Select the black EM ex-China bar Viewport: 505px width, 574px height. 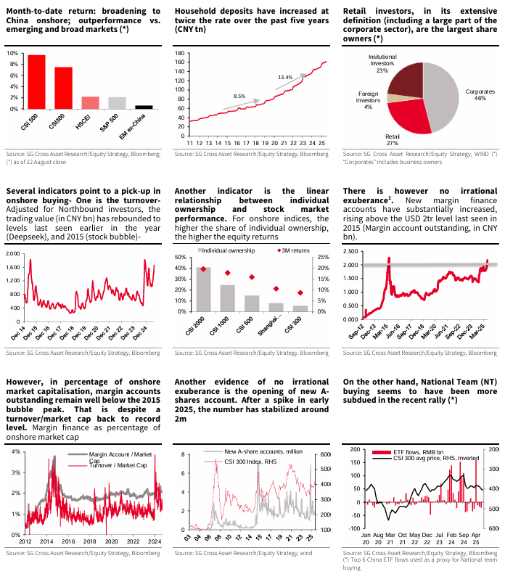(144, 107)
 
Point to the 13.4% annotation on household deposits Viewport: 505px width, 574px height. (285, 77)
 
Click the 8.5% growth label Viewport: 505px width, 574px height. (239, 97)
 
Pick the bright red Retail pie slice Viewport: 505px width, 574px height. (406, 115)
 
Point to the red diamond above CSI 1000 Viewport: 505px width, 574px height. (228, 273)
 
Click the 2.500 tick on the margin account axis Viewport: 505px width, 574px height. (350, 252)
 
